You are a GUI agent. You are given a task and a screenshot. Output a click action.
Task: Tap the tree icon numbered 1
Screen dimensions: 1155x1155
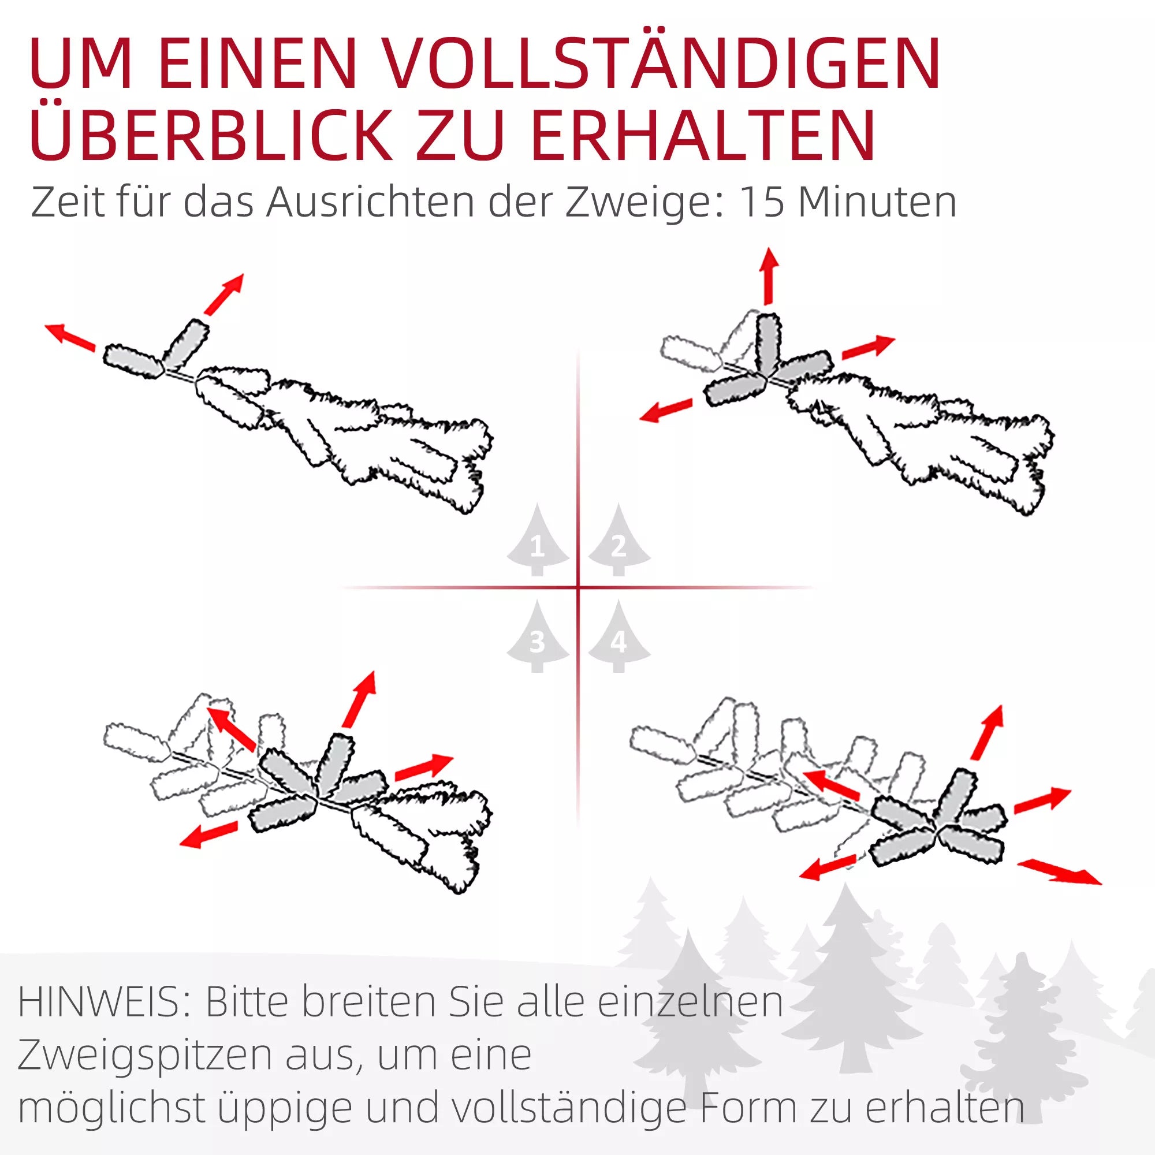(x=538, y=541)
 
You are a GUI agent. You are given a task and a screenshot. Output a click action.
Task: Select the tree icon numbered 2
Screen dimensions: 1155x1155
(x=619, y=541)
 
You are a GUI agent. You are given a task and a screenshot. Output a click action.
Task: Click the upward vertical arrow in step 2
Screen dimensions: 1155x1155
(x=769, y=277)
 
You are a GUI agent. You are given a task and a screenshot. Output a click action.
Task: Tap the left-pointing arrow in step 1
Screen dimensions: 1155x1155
(x=70, y=337)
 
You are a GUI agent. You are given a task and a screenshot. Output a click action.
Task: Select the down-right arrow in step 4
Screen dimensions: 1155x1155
(x=1059, y=872)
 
